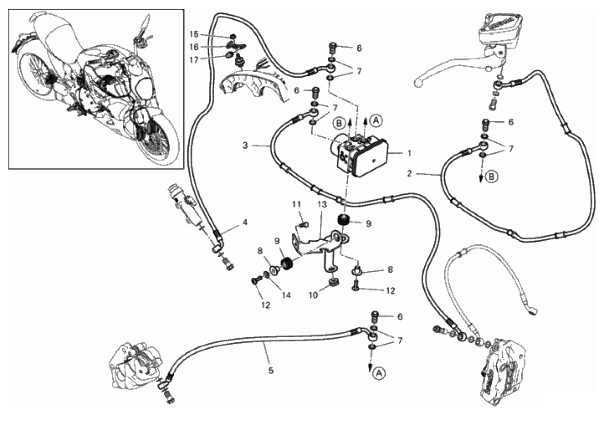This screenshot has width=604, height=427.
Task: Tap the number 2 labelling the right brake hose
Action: [410, 174]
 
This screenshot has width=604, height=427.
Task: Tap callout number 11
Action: [296, 204]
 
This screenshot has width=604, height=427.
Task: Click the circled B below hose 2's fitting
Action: [491, 177]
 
